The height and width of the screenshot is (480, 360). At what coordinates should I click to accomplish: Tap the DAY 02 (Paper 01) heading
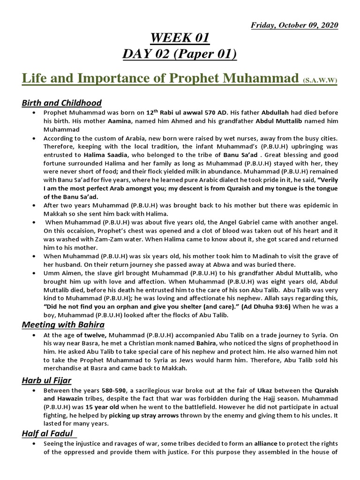click(180, 54)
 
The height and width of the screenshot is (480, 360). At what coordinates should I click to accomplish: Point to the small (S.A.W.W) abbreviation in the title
click(319, 80)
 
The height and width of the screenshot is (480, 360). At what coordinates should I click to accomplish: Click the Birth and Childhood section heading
click(61, 103)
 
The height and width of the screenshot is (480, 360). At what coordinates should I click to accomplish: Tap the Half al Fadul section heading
click(48, 434)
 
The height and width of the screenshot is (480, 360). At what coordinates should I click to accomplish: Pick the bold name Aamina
click(120, 121)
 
